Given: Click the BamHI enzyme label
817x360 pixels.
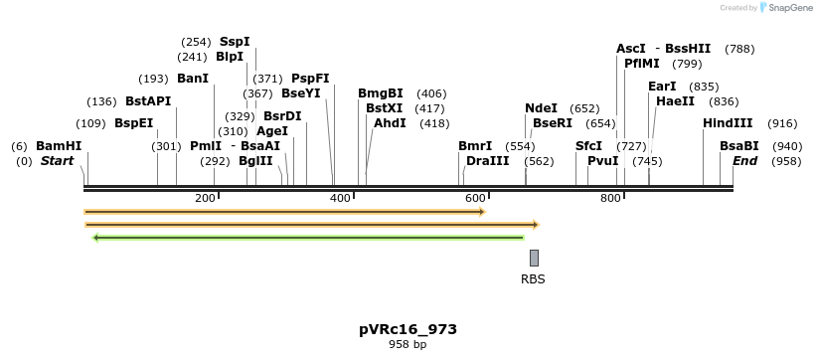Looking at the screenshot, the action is click(x=59, y=146).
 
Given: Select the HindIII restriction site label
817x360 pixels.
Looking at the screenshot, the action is click(x=728, y=123).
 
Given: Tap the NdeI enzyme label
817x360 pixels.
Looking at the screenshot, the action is click(x=541, y=108).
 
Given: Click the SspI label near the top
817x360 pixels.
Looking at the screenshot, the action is click(x=235, y=42).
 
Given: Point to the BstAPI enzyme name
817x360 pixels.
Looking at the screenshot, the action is click(x=148, y=101).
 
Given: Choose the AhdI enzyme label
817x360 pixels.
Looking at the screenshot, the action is click(x=390, y=123).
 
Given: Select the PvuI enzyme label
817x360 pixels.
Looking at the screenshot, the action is click(x=602, y=161).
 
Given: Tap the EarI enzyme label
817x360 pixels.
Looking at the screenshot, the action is click(x=662, y=87).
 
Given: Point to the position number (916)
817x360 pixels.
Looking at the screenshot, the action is click(x=782, y=123).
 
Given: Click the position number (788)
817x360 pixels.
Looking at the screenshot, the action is click(x=739, y=48).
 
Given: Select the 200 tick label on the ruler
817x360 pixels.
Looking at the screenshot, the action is click(x=205, y=198).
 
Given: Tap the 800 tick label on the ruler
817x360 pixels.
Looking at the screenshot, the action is click(x=609, y=198).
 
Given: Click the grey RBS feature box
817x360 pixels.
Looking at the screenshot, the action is click(x=534, y=258).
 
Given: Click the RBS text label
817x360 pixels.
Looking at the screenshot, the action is click(x=533, y=279).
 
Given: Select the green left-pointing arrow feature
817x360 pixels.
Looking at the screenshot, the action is click(x=308, y=238).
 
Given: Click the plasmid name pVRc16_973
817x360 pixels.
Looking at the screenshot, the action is click(x=408, y=329).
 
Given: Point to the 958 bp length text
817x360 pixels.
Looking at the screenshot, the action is click(x=408, y=345).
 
